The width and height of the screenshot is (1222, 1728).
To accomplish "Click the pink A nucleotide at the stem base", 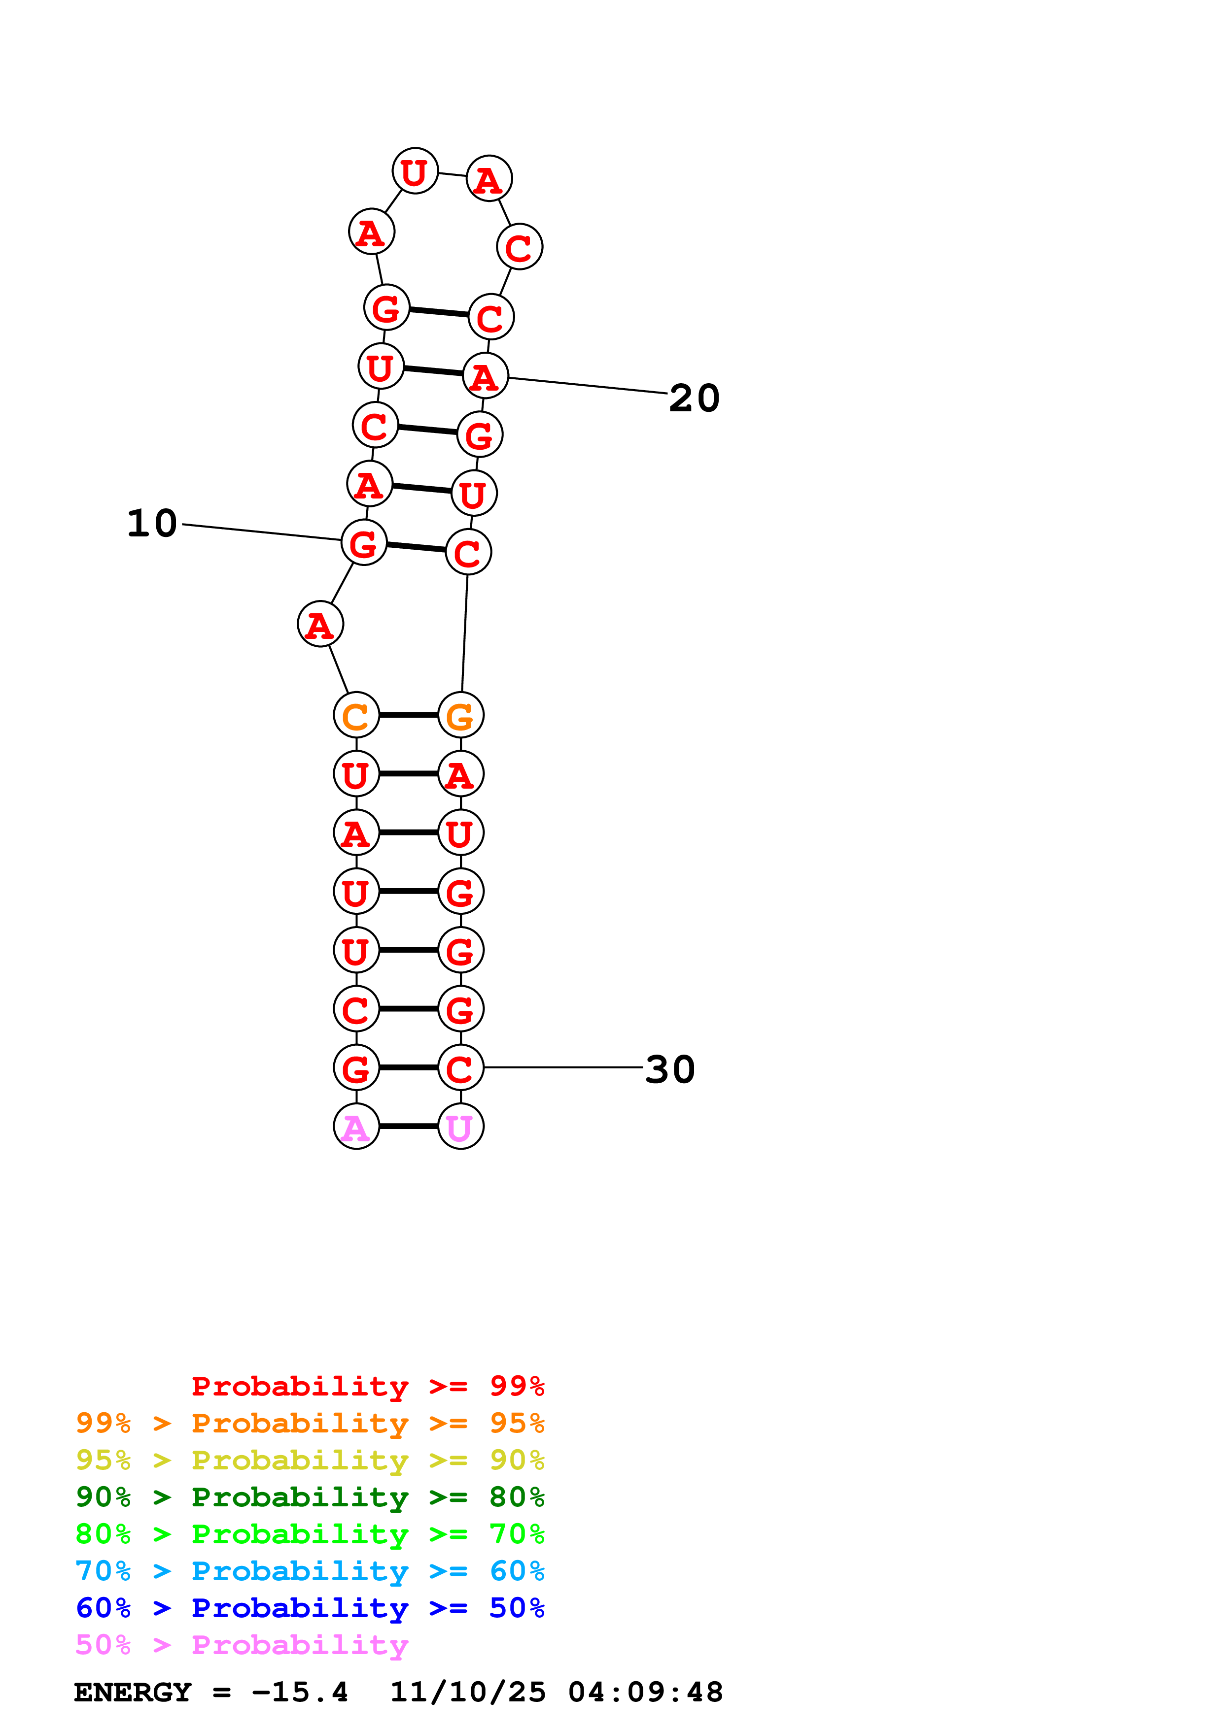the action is point(356,1127).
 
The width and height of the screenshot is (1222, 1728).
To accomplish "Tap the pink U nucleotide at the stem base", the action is point(461,1127).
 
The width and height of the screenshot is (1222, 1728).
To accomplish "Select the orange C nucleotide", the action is point(356,715).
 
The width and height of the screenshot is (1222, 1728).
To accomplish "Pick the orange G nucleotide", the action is point(461,715).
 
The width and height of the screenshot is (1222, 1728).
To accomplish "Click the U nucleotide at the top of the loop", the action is point(416,171).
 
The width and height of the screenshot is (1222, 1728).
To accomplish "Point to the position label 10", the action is point(152,523).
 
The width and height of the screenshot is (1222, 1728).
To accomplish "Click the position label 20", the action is point(694,398).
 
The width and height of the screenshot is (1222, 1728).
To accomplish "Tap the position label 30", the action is point(670,1069).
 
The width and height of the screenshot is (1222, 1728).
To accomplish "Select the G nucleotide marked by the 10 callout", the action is point(364,543).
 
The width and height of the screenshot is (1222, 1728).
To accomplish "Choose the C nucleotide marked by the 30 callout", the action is point(461,1067).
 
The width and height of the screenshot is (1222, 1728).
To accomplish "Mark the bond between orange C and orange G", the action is point(409,715).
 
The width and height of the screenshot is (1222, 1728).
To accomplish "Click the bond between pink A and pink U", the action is point(409,1127).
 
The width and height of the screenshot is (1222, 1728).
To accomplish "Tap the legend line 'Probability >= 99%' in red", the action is point(368,1386).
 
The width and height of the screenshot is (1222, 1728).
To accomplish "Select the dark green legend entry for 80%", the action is point(310,1497).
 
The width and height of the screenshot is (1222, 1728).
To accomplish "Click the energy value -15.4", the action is point(300,1693).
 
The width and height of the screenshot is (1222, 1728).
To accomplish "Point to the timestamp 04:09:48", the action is point(645,1693).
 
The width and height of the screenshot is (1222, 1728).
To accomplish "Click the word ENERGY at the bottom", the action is point(133,1693).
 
